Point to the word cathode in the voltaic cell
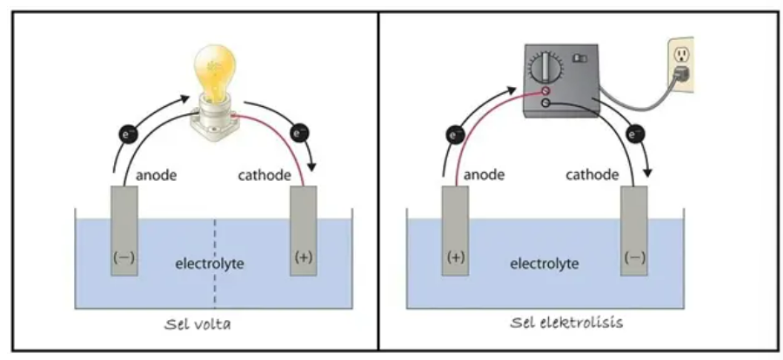coord(264,176)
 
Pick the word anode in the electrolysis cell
coord(485,176)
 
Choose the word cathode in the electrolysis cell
coord(592,176)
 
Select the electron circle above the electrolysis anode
coord(455,135)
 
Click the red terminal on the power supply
coord(545,90)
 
